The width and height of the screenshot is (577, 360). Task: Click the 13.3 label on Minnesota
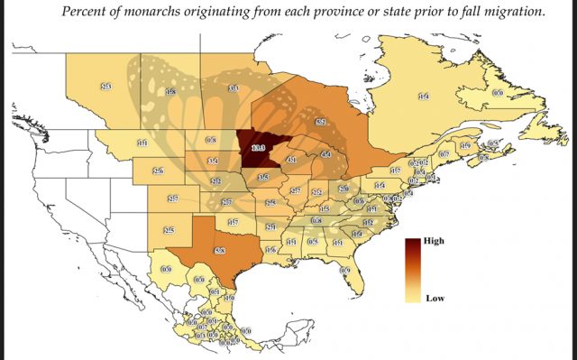(x=258, y=146)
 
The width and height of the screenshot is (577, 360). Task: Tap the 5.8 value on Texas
(x=219, y=249)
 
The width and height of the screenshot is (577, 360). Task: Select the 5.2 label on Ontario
(x=320, y=121)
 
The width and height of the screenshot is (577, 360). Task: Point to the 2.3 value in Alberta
(x=105, y=86)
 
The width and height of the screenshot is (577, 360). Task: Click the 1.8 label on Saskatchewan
(x=169, y=92)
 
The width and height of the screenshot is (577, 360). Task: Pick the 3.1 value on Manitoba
(x=233, y=88)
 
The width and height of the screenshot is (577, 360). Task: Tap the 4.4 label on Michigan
(x=326, y=155)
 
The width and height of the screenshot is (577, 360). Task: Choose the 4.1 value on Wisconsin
(x=291, y=160)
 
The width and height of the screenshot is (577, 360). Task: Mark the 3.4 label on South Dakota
(x=213, y=161)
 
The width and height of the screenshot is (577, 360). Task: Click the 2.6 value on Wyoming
(x=158, y=171)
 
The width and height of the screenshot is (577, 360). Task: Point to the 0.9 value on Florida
(x=345, y=271)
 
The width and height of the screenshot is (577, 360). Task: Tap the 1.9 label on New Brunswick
(x=465, y=146)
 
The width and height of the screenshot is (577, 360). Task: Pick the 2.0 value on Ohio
(x=343, y=189)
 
